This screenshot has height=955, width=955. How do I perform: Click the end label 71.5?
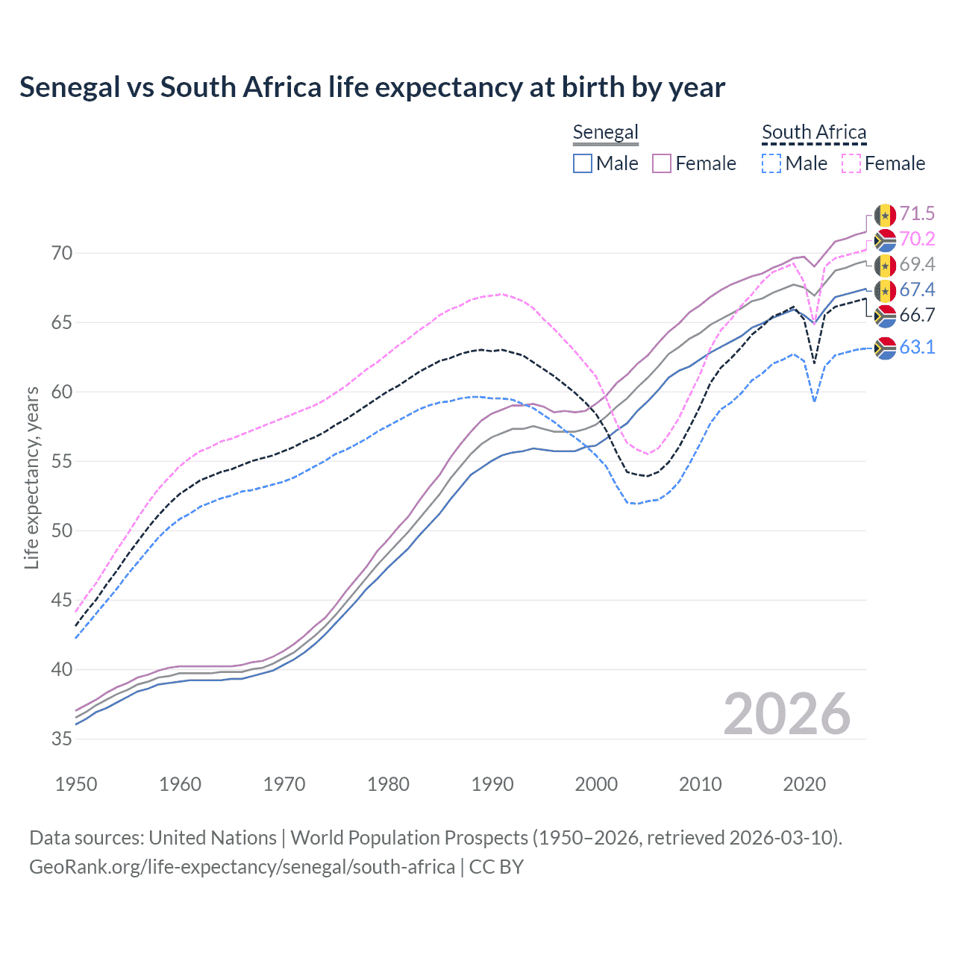coord(917,214)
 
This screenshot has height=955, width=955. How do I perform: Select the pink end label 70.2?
coord(917,239)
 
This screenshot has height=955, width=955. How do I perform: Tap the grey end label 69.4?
coord(917,265)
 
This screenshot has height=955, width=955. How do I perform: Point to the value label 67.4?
coord(917,290)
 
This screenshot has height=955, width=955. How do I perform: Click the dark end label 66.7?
coord(917,316)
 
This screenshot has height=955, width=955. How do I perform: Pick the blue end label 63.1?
coord(917,348)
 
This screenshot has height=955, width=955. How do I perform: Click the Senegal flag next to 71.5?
coord(885,215)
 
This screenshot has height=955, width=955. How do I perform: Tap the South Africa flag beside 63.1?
coord(885,348)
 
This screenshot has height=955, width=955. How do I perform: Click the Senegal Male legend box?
coord(583,163)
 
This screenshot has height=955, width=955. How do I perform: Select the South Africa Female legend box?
coord(851,163)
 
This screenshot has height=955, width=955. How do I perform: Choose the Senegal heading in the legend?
coord(605,133)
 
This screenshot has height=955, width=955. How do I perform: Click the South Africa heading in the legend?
coord(814,133)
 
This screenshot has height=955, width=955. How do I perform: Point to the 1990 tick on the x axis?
coord(492,784)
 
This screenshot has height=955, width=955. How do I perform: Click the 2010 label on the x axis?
coord(701,784)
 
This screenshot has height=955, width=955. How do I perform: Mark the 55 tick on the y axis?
coord(62,462)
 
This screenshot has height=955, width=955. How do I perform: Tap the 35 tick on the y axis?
coord(62,739)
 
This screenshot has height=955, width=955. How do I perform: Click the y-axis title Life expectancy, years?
coord(31,477)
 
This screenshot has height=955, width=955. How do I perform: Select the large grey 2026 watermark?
coord(786,714)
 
